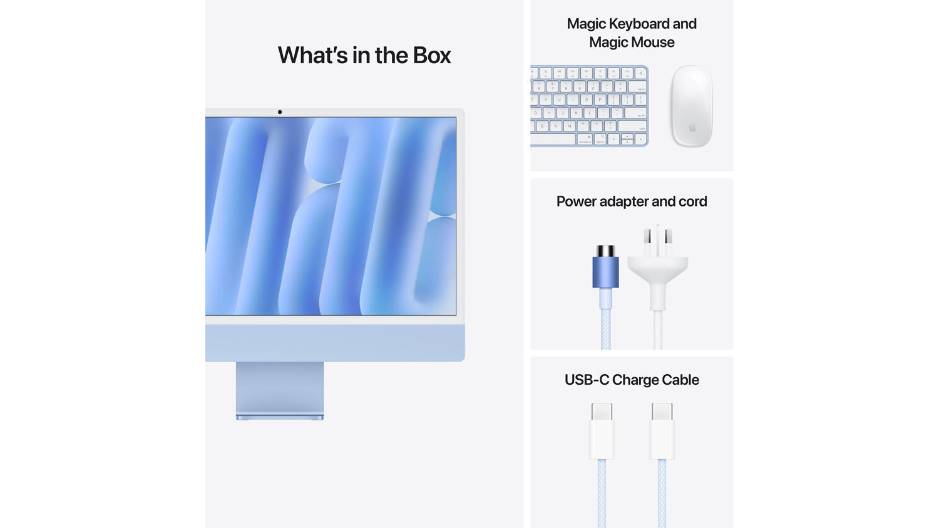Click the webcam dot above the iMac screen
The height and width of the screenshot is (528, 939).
tap(280, 112)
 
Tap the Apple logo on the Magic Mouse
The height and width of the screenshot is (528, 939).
tap(692, 127)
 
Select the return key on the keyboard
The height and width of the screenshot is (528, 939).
tap(635, 113)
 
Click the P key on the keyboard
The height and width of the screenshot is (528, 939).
tap(600, 99)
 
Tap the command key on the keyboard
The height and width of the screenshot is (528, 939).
tap(584, 139)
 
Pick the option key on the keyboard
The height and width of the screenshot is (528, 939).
tap(600, 139)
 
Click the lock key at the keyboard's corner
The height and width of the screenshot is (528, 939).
tap(640, 73)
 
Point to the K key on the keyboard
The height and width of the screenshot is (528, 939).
tap(576, 113)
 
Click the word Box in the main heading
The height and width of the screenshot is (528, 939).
tap(432, 55)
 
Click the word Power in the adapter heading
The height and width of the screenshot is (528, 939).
tap(576, 201)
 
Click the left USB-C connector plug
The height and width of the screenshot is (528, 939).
tap(602, 431)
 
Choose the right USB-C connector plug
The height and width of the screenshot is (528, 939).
tap(662, 431)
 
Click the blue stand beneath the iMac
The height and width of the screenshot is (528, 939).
tap(280, 390)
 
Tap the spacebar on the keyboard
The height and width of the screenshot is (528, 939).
tap(553, 139)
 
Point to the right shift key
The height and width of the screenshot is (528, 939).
tap(632, 126)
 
